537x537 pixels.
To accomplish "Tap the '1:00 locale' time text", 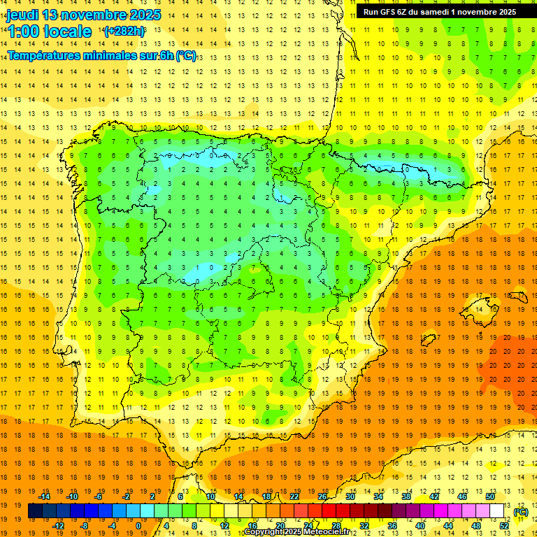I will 50,31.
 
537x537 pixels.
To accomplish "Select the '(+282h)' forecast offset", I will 124,31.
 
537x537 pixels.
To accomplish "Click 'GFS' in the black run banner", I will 388,12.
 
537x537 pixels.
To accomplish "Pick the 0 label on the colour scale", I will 138,526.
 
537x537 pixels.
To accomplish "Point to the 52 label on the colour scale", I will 504,526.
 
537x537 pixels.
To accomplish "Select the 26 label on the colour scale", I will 322,496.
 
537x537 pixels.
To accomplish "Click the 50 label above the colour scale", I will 490,496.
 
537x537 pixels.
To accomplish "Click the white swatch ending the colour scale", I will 497,511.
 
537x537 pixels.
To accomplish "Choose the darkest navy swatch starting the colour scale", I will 35,511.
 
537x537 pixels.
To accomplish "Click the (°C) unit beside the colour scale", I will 521,512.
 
